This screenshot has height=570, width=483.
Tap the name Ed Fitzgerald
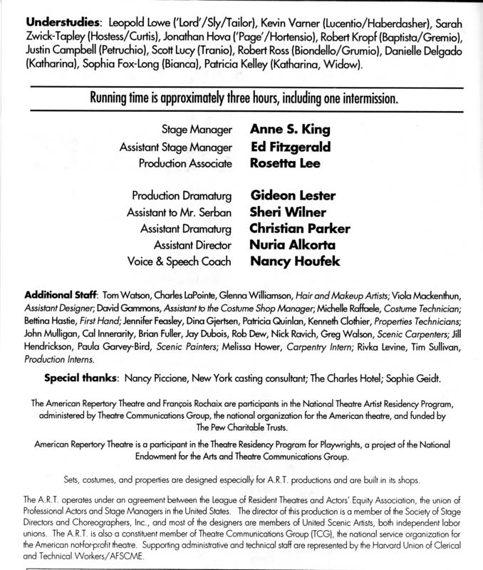(x=286, y=147)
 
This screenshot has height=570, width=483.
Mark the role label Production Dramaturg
(x=182, y=196)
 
